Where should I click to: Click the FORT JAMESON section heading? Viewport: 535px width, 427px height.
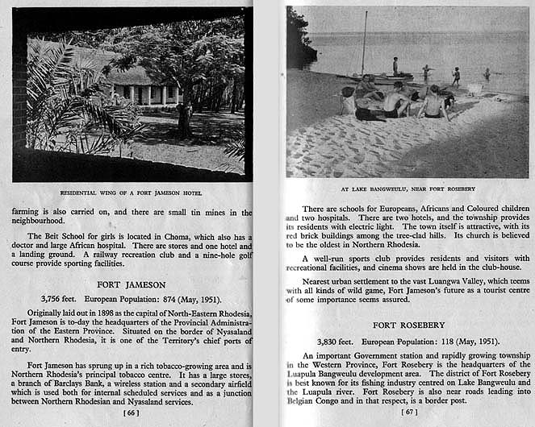[132, 284]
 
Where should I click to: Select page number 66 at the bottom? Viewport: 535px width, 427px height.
[132, 412]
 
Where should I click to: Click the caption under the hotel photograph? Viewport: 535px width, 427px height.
[131, 193]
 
